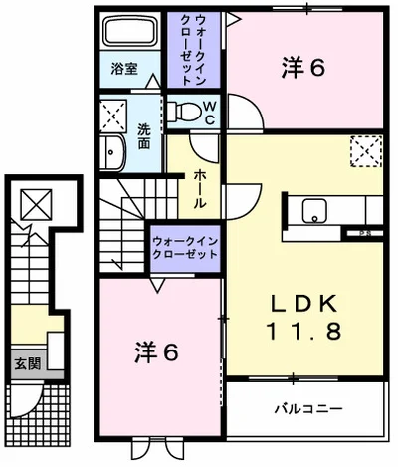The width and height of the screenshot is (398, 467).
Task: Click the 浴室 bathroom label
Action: [x=124, y=70]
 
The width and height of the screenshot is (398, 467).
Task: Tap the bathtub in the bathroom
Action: [x=132, y=36]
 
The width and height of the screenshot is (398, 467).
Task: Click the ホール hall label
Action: [x=199, y=189]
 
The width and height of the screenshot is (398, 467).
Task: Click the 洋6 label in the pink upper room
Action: [x=303, y=67]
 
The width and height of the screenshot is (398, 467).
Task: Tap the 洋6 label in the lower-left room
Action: [x=156, y=352]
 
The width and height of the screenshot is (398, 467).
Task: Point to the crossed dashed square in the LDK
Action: [x=363, y=150]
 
